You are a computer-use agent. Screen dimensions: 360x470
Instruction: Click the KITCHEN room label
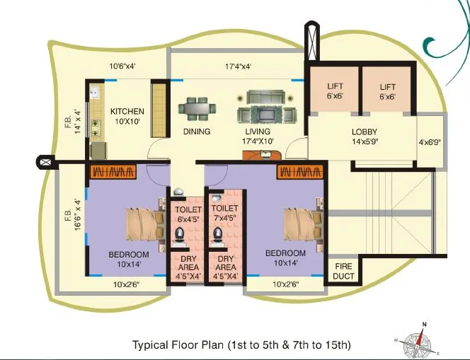tap(127, 111)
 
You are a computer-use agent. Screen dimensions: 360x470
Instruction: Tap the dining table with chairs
tap(196, 109)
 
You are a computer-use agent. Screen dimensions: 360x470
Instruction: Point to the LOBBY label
tap(364, 132)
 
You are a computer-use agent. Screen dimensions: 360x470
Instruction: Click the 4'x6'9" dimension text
tap(430, 142)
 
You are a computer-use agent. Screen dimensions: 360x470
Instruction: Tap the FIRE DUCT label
tap(343, 271)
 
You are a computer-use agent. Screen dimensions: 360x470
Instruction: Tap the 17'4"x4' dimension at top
tap(239, 68)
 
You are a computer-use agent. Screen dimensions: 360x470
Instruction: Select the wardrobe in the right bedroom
tap(300, 172)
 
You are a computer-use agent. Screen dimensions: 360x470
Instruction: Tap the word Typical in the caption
tap(151, 345)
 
